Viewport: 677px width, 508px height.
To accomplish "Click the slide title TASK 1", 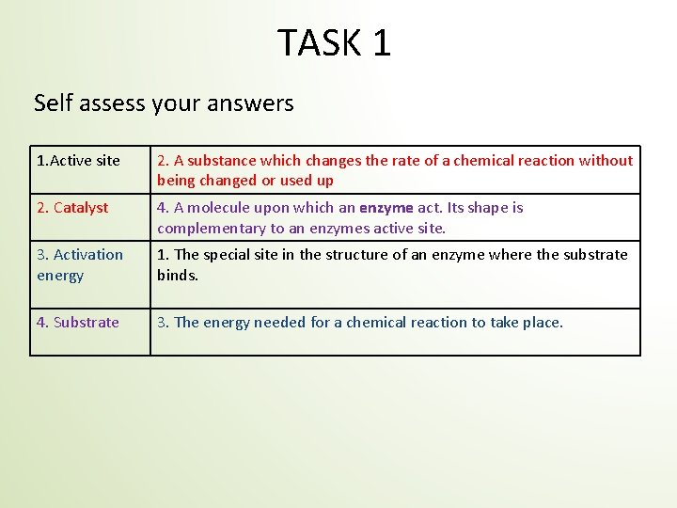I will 334,43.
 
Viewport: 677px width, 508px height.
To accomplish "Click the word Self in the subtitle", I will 53,103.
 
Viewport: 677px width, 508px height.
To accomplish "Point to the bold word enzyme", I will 386,208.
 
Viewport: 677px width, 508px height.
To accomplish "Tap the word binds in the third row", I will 177,276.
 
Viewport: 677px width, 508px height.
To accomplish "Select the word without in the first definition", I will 606,161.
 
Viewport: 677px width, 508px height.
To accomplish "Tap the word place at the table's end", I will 540,323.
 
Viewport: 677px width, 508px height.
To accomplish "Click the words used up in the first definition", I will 310,181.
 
